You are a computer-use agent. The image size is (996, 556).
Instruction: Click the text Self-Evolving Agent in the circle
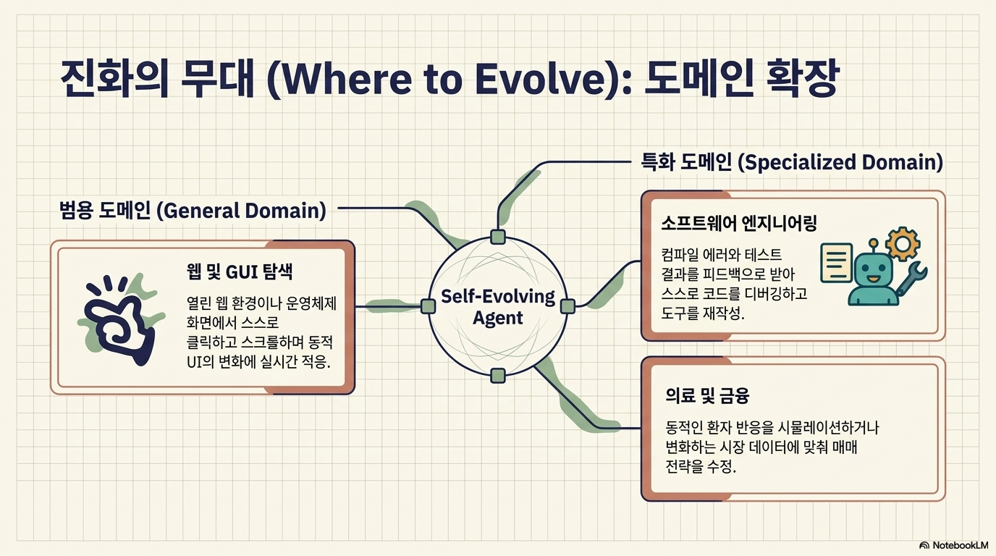(498, 307)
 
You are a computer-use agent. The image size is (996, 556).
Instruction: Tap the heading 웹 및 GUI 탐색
(240, 271)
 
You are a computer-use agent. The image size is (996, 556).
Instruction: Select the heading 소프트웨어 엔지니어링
(739, 223)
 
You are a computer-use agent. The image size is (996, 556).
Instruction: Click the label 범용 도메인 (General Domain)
(193, 210)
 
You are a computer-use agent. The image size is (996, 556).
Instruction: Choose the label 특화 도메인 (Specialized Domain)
(791, 162)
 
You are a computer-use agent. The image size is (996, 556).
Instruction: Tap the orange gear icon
(903, 244)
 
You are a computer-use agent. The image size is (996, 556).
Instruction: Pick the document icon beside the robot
(836, 262)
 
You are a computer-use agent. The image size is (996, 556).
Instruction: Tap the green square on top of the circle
(498, 237)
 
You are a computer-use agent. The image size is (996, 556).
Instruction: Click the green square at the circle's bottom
(498, 376)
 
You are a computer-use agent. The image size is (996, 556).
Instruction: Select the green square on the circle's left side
(428, 306)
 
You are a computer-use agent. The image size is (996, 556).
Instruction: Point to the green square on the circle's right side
(567, 306)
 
